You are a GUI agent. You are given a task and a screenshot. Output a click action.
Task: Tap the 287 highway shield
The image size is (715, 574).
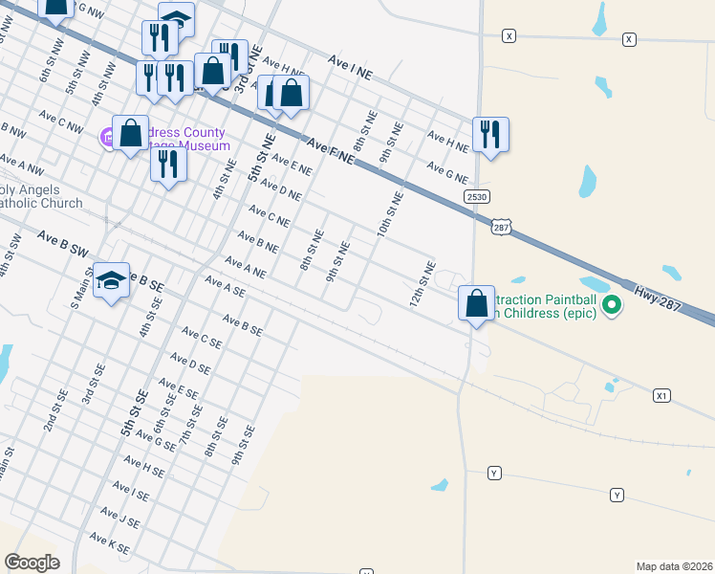click(x=503, y=226)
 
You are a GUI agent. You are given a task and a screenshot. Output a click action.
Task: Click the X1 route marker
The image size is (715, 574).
click(x=661, y=395)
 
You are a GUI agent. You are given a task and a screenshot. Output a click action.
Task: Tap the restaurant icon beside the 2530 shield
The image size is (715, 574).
click(x=490, y=135)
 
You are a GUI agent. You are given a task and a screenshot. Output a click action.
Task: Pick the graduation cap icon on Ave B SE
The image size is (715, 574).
click(x=111, y=280)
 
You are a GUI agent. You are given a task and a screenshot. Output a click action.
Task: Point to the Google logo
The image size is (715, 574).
click(x=32, y=562)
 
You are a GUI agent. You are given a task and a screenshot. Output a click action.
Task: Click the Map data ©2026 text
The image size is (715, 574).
click(x=675, y=566)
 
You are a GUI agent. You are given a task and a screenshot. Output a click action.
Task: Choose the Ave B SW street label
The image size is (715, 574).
click(x=63, y=243)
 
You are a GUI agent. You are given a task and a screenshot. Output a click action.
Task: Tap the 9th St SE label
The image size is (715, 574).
click(x=243, y=445)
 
